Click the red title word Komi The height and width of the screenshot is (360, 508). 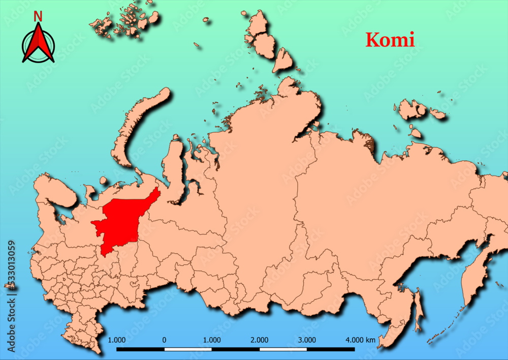(x=390, y=40)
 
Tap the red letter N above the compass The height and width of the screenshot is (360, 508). (x=38, y=16)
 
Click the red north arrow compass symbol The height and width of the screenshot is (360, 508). (x=38, y=45)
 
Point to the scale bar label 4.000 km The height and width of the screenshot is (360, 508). (x=360, y=340)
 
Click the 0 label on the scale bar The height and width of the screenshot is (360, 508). (x=164, y=340)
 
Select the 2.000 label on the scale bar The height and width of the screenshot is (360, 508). (x=260, y=340)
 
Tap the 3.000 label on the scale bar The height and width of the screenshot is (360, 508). (x=307, y=340)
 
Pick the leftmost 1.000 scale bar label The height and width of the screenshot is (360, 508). (x=117, y=340)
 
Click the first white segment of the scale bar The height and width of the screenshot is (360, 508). (x=188, y=349)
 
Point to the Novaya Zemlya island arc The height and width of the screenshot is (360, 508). (x=135, y=127)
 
